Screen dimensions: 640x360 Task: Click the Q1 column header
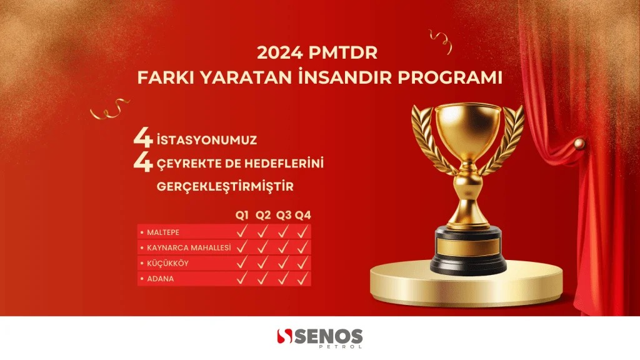click(x=242, y=215)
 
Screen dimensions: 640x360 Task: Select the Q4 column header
click(x=303, y=215)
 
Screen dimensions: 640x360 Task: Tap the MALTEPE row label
click(x=163, y=232)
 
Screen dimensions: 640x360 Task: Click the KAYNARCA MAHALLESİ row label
click(x=189, y=247)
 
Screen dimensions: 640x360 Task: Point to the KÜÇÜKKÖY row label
click(x=167, y=263)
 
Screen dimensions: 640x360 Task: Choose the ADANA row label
click(x=161, y=279)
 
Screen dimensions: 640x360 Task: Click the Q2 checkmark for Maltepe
click(x=262, y=232)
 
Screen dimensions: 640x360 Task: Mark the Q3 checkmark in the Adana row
click(x=283, y=278)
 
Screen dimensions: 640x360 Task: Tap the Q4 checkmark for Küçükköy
click(x=302, y=263)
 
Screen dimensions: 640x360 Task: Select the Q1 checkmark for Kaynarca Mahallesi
click(x=242, y=247)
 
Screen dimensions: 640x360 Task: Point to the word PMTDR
click(x=343, y=53)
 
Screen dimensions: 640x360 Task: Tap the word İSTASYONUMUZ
click(x=207, y=139)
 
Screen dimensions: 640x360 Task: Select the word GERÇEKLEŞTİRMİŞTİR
click(x=225, y=186)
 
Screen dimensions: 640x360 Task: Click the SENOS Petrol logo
click(x=319, y=338)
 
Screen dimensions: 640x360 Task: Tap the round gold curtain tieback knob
click(x=579, y=144)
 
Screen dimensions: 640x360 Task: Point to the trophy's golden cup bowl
click(x=467, y=131)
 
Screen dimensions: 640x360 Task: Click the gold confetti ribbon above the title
click(x=441, y=41)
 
